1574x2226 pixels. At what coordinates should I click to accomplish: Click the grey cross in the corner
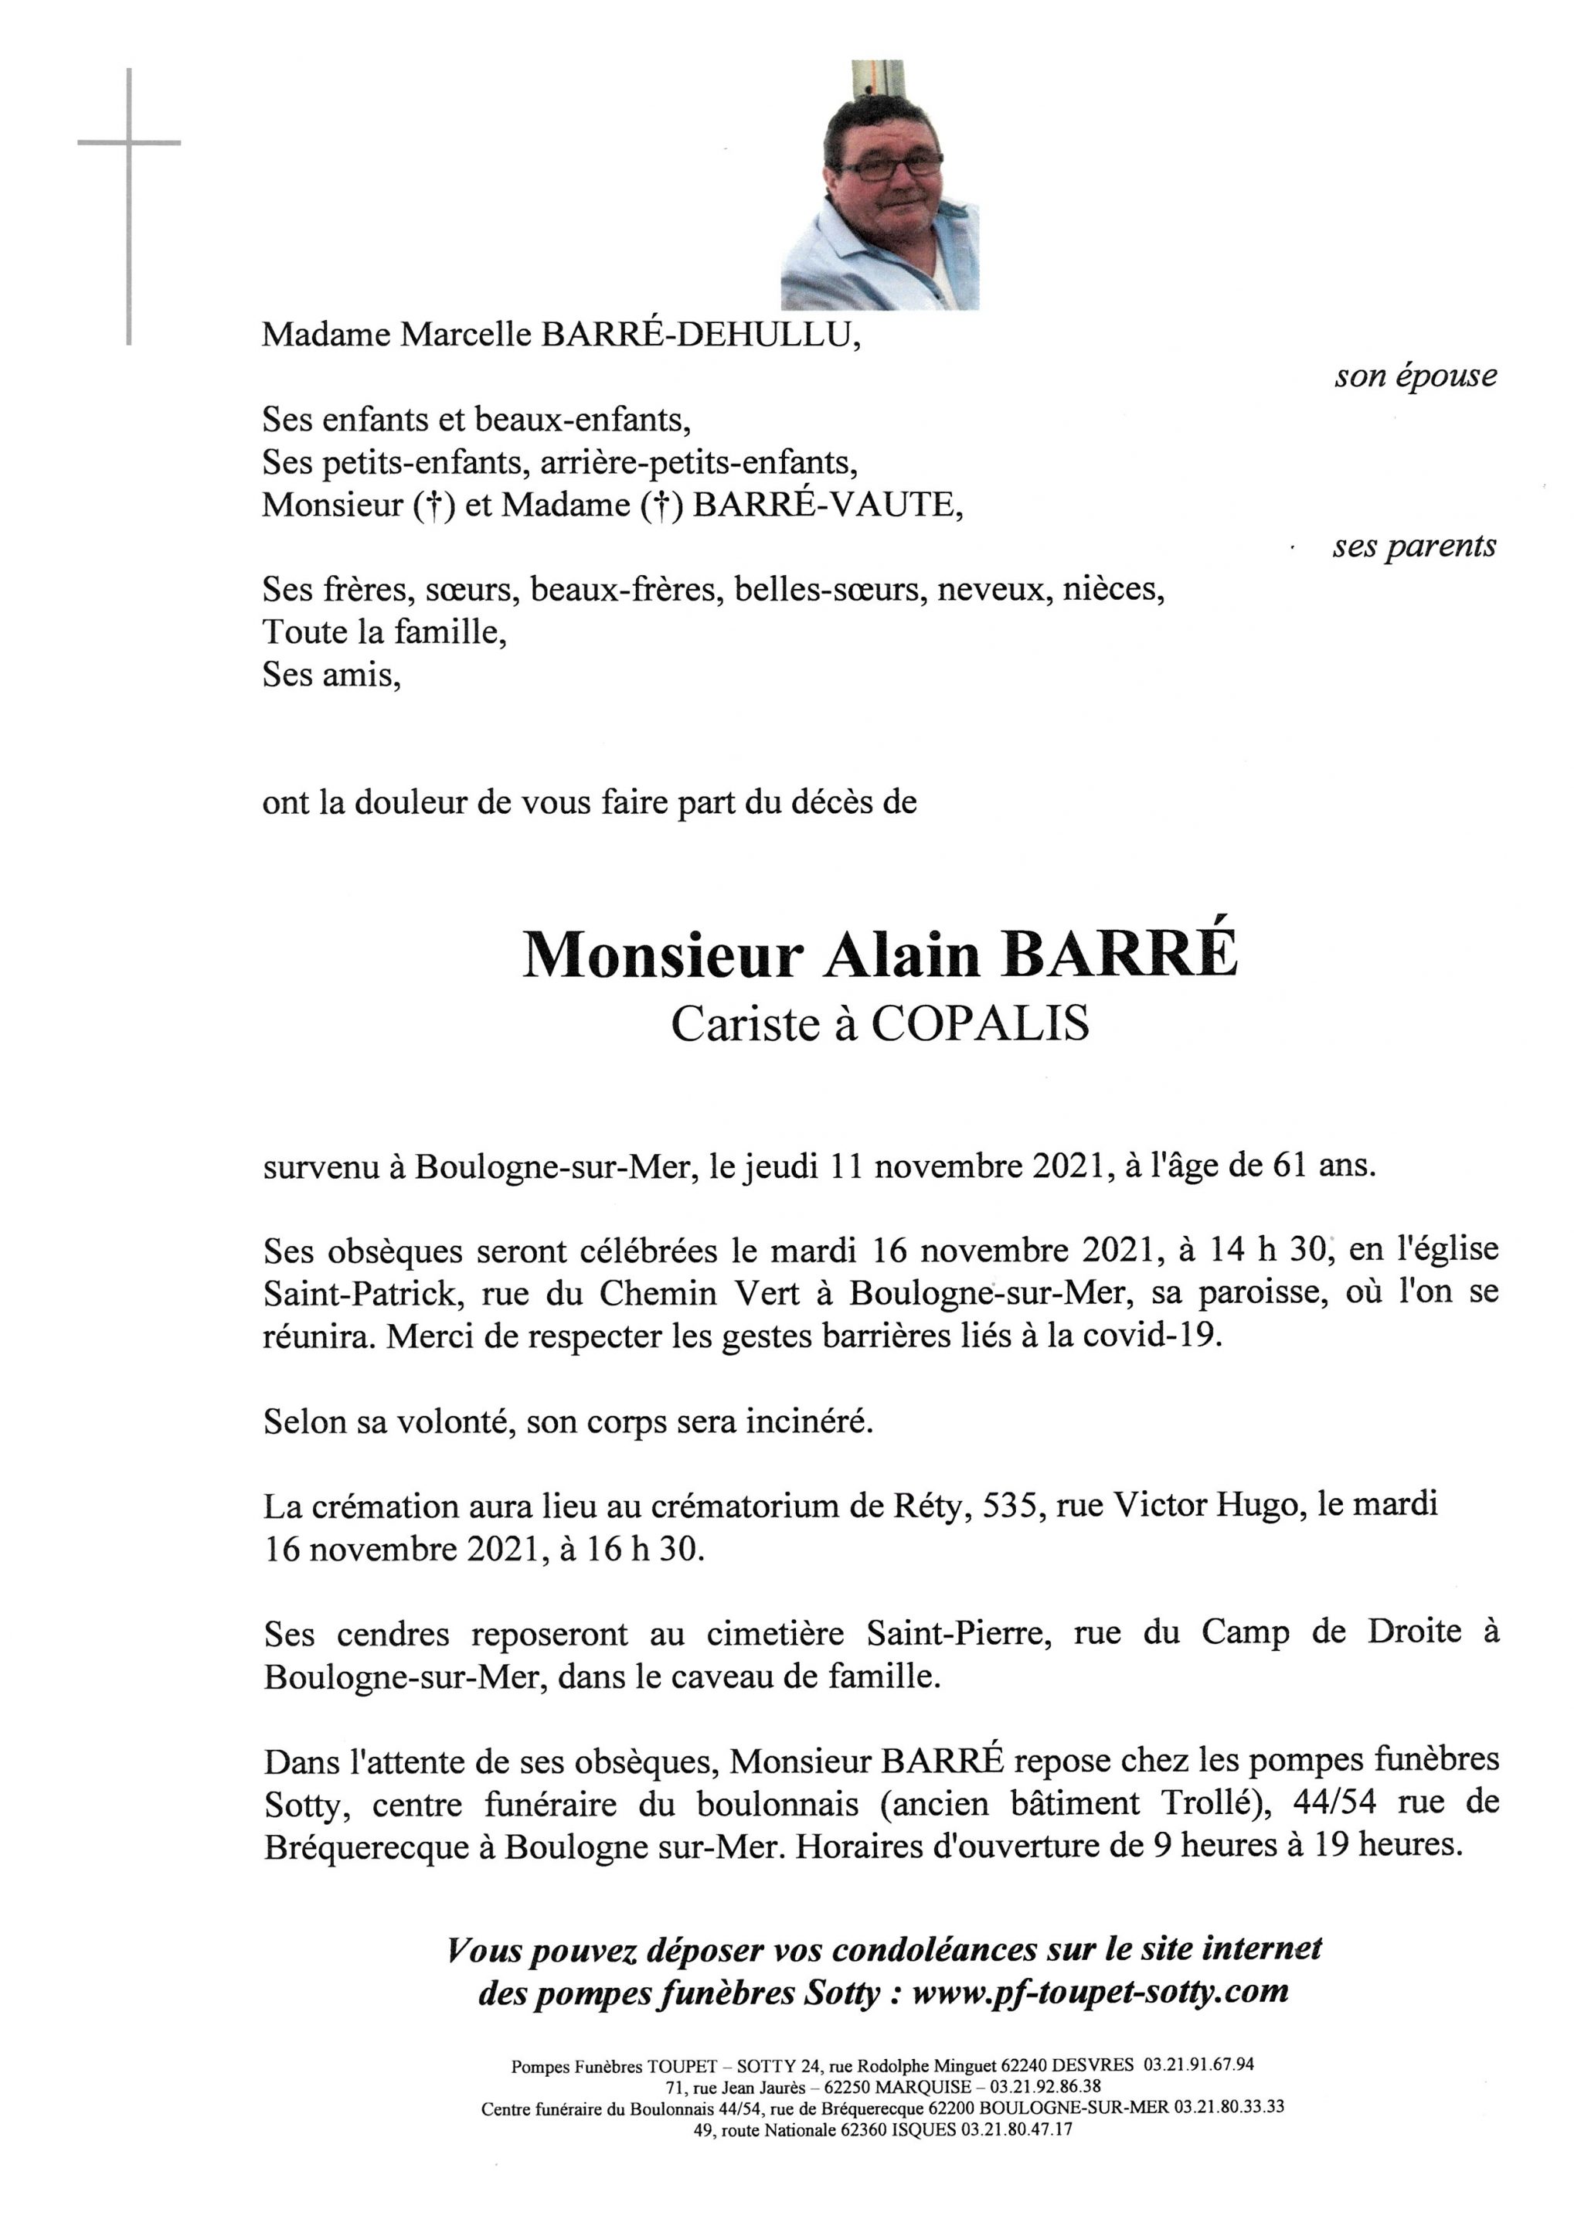[x=129, y=144]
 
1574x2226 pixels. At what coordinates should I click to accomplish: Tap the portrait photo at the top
[x=879, y=186]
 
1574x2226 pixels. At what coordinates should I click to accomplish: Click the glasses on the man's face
[x=889, y=165]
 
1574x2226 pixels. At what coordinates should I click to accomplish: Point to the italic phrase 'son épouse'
[x=1414, y=376]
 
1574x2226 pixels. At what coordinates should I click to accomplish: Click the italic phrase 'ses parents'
[x=1413, y=546]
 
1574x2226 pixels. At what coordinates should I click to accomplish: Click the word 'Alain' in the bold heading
[x=902, y=956]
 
